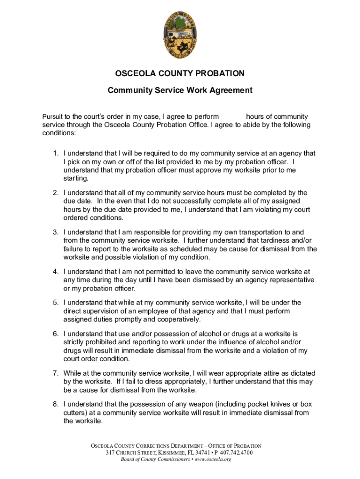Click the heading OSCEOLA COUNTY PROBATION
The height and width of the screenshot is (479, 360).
pyautogui.click(x=180, y=73)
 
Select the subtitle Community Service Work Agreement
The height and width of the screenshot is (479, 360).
pyautogui.click(x=180, y=90)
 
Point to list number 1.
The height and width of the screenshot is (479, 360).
pyautogui.click(x=55, y=153)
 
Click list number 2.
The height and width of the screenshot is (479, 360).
pyautogui.click(x=55, y=193)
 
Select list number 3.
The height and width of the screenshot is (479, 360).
pyautogui.click(x=55, y=232)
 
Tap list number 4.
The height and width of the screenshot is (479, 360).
pyautogui.click(x=55, y=271)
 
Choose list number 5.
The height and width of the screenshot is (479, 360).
pyautogui.click(x=55, y=303)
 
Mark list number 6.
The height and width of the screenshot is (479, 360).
pyautogui.click(x=55, y=334)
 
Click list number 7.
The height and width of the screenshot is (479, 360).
pyautogui.click(x=55, y=373)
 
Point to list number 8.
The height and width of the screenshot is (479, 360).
pyautogui.click(x=55, y=404)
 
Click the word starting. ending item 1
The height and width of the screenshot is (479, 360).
pyautogui.click(x=76, y=179)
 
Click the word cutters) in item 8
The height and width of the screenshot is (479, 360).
pyautogui.click(x=78, y=413)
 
